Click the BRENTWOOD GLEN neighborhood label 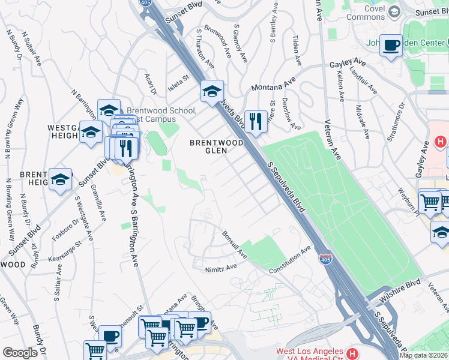[x=208, y=147]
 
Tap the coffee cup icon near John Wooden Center [x=391, y=45]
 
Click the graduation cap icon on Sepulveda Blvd [x=212, y=92]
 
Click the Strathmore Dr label [x=397, y=121]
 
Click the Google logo [x=20, y=353]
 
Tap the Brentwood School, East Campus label [x=160, y=115]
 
